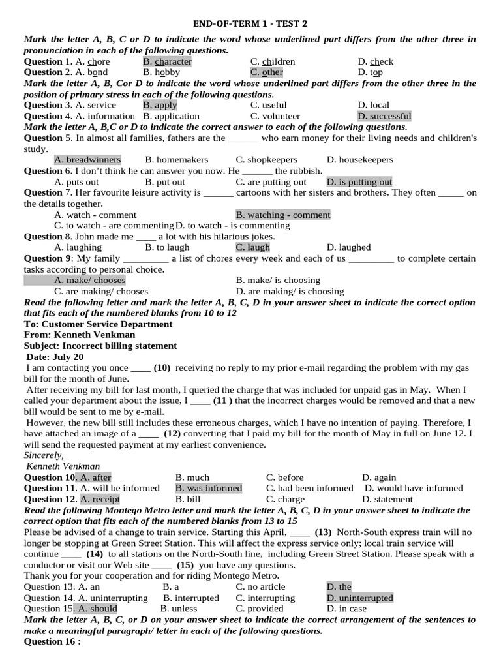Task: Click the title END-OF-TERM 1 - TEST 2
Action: (x=250, y=23)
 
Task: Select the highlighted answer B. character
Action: (x=167, y=61)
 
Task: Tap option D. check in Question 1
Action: (x=375, y=61)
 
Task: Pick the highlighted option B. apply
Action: (x=160, y=105)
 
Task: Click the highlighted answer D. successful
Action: (x=384, y=116)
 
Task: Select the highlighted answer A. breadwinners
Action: (x=87, y=160)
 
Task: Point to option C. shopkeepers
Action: (x=266, y=160)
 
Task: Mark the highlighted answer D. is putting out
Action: (x=359, y=182)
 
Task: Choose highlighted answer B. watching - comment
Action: (x=283, y=215)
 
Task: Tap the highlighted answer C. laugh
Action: (x=252, y=247)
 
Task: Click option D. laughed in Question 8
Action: (x=348, y=247)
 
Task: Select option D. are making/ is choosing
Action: (x=290, y=291)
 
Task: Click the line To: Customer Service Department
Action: (x=99, y=324)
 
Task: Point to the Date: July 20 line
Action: (x=55, y=357)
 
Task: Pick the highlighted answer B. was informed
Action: (x=209, y=488)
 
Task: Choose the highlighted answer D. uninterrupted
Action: (x=359, y=598)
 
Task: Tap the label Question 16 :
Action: (x=52, y=641)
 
